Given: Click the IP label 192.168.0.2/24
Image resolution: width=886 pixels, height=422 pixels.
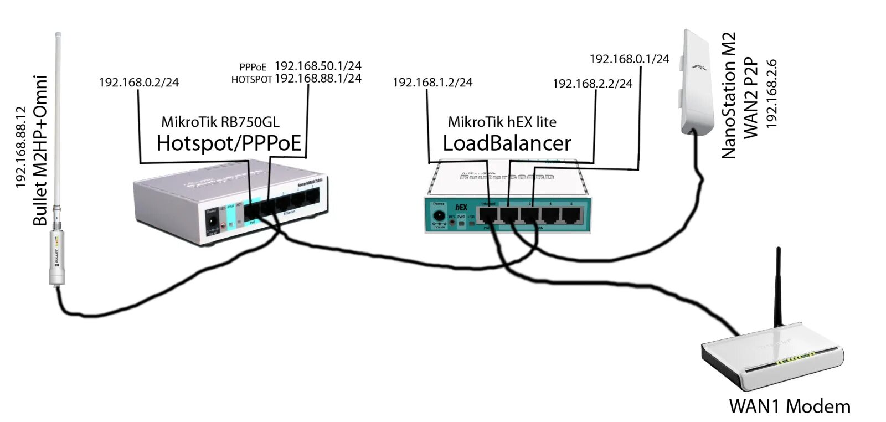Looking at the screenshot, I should point(139,83).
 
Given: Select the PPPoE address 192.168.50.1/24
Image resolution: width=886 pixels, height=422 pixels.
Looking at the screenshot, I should point(318,66).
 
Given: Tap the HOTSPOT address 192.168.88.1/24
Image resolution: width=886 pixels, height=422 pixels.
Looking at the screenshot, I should point(318,79).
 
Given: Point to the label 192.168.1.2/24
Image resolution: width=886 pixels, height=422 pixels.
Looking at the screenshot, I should point(432,83).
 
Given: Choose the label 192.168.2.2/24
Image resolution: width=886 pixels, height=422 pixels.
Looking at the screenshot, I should point(593,84).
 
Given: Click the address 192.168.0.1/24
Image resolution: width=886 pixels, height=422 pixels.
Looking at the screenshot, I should point(629,59).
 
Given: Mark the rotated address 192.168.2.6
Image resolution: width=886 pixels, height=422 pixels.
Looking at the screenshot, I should point(771,94).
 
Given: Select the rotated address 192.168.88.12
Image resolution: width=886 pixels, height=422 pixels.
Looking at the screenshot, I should point(21,147).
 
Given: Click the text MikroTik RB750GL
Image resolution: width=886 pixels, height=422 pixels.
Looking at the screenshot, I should point(220,122).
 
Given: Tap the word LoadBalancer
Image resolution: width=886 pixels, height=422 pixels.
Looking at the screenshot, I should point(507,143).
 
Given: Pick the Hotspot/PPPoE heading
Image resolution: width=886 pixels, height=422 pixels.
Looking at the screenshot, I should point(229,143).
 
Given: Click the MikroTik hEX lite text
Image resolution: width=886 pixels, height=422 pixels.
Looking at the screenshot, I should point(502,122).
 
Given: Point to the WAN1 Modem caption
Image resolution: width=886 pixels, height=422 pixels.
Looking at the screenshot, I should point(790,406).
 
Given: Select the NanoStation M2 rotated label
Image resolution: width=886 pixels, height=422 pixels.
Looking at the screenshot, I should point(729,95).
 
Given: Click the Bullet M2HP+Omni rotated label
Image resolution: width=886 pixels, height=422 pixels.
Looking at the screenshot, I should point(40,150).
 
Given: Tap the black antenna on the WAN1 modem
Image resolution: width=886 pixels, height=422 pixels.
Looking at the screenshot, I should point(778,288).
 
